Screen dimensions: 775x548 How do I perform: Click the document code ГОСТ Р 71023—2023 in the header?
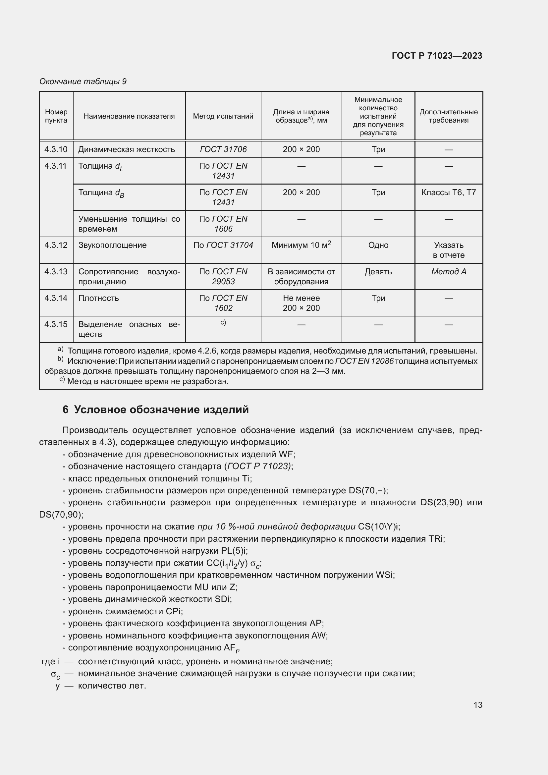click(437, 56)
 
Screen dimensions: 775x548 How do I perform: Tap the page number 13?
click(477, 705)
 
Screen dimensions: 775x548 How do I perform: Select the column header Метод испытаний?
click(223, 116)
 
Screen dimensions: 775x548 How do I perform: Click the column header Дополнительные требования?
click(448, 116)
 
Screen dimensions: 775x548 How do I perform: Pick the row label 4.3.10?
click(56, 149)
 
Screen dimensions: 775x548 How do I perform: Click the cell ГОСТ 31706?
click(223, 149)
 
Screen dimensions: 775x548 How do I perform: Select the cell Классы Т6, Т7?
click(448, 193)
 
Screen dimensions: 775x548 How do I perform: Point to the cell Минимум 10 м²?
click(301, 245)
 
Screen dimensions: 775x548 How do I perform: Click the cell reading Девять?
click(378, 272)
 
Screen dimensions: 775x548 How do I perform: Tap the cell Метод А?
click(448, 272)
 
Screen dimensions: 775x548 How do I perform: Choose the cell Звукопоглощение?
click(112, 245)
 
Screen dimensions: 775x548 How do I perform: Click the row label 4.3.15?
click(56, 324)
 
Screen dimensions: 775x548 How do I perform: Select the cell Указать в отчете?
click(448, 250)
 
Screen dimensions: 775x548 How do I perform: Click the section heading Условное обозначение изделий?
click(161, 410)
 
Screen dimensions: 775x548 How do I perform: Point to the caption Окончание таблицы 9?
click(83, 82)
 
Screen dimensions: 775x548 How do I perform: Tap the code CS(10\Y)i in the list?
click(379, 526)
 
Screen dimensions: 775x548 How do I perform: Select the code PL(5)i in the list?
click(234, 551)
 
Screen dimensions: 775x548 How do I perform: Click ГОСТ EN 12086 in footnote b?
click(364, 361)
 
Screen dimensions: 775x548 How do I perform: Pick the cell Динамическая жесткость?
click(127, 149)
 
